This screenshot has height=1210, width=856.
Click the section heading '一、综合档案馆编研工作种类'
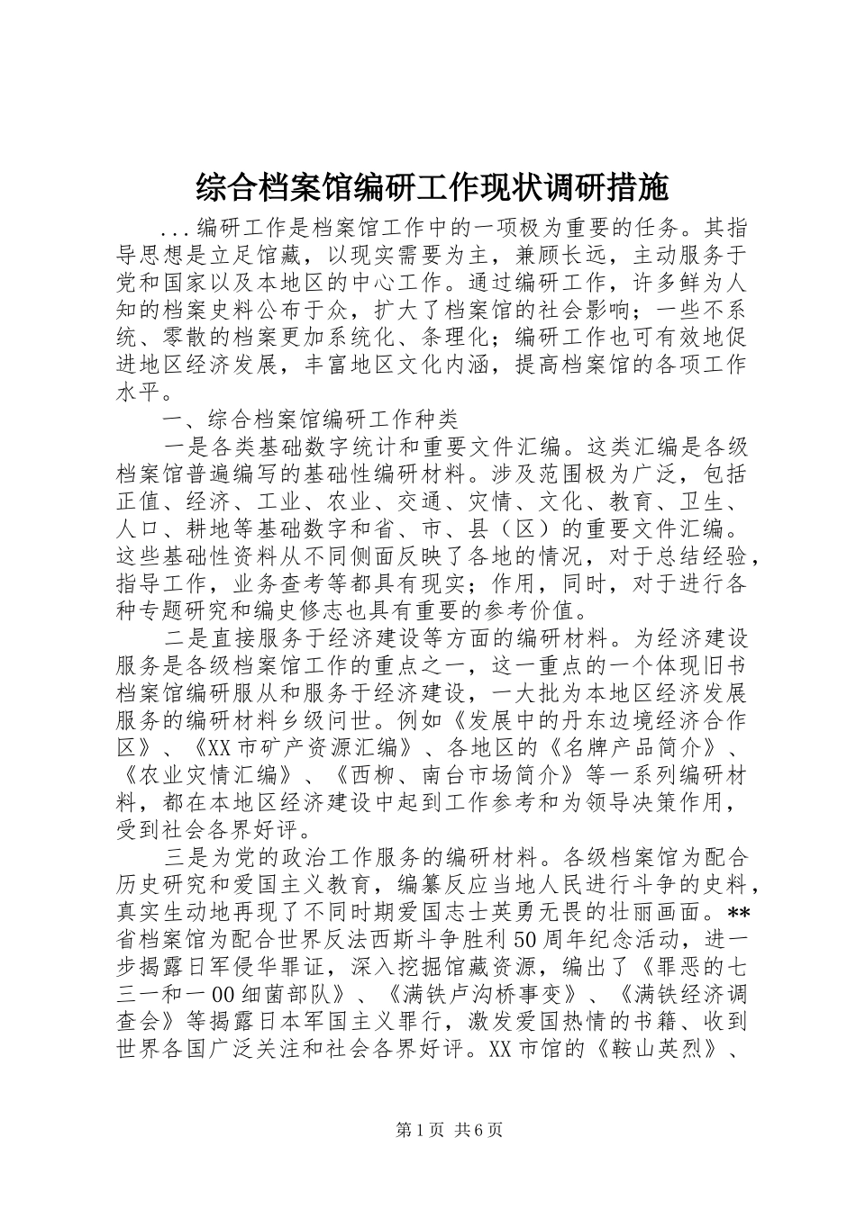coord(309,420)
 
